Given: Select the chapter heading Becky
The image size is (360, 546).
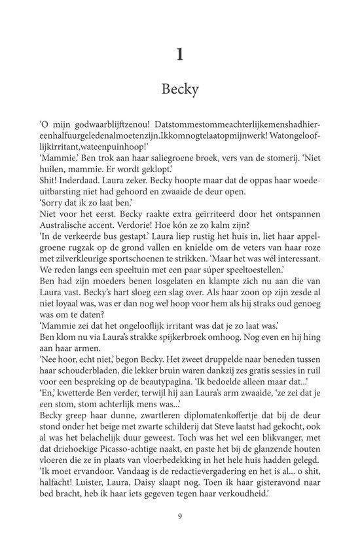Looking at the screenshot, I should coord(180,90).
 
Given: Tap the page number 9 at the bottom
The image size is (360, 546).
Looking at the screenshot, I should coord(180,516).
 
